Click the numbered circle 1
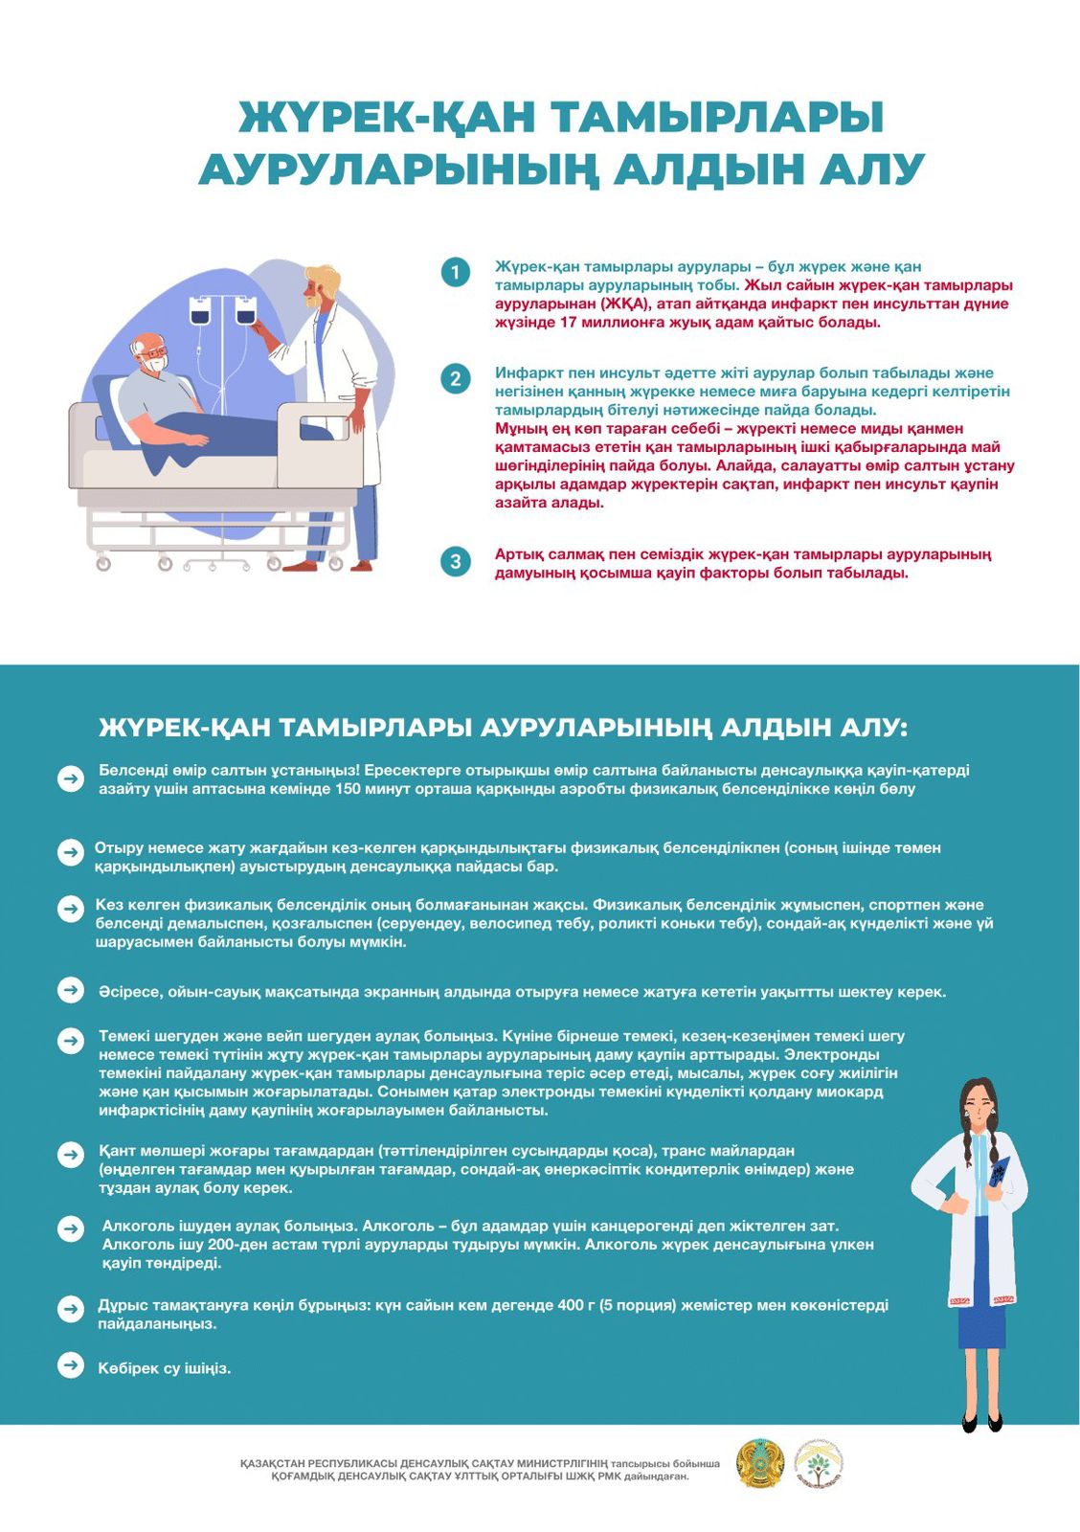click(x=456, y=273)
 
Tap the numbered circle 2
click(x=456, y=379)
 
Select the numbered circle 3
click(x=456, y=562)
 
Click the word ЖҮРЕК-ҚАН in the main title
click(x=387, y=118)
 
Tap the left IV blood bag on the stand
click(x=200, y=310)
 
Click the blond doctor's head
click(x=321, y=284)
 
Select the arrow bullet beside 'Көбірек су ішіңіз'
click(x=71, y=1365)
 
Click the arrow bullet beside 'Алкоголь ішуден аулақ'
click(x=71, y=1228)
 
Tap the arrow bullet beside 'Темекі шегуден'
click(x=71, y=1040)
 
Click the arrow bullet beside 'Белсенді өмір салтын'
click(x=71, y=778)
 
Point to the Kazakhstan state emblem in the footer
click(x=760, y=1463)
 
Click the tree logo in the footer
click(x=818, y=1463)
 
